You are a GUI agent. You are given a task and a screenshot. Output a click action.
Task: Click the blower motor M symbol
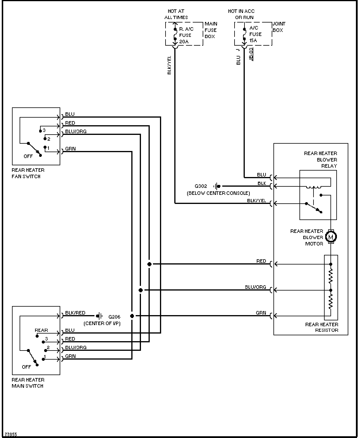(x=331, y=237)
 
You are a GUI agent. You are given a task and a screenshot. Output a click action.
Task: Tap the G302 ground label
(x=201, y=186)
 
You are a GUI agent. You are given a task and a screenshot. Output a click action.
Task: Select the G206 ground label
(x=114, y=317)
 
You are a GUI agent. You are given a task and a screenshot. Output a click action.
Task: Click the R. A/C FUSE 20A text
(x=186, y=35)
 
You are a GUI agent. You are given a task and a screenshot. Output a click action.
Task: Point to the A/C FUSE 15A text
(x=255, y=34)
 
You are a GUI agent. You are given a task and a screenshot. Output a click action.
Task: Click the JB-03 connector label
(x=251, y=54)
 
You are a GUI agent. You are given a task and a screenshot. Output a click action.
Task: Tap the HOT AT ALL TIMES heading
(x=176, y=14)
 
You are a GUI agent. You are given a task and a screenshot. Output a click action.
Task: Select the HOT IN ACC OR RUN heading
(x=241, y=14)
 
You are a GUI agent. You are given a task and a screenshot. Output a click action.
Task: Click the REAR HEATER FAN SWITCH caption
(x=28, y=173)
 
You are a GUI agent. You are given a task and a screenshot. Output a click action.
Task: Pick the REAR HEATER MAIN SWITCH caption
(x=28, y=383)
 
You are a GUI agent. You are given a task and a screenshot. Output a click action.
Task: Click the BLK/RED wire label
(x=75, y=313)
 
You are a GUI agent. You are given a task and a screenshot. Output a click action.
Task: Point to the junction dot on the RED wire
(x=149, y=264)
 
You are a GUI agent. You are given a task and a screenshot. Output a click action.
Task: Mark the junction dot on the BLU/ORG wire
(x=141, y=290)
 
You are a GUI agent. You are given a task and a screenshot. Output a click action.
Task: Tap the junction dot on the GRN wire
(x=132, y=316)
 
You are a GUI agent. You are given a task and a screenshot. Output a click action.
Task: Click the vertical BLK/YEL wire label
(x=169, y=65)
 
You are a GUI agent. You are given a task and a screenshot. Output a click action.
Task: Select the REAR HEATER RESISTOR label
(x=322, y=327)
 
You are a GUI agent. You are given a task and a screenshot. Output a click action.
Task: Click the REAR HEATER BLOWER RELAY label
(x=321, y=160)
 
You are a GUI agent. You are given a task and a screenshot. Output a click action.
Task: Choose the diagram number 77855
(x=11, y=434)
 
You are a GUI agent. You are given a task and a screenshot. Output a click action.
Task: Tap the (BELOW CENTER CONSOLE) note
(x=218, y=193)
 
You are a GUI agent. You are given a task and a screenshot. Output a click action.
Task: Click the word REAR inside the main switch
(x=41, y=330)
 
